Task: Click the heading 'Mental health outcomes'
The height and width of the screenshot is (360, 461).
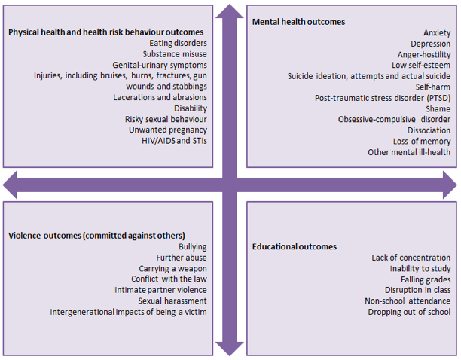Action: pyautogui.click(x=298, y=22)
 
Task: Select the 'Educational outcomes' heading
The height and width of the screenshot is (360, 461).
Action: pyautogui.click(x=295, y=246)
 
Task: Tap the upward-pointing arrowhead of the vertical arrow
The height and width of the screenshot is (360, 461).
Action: pyautogui.click(x=229, y=11)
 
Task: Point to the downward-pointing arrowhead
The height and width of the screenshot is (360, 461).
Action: pyautogui.click(x=229, y=349)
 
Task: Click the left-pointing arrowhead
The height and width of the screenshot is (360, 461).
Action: pyautogui.click(x=10, y=185)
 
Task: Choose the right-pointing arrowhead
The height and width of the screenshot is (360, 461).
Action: pyautogui.click(x=450, y=185)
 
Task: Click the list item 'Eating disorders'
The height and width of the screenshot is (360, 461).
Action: pyautogui.click(x=178, y=43)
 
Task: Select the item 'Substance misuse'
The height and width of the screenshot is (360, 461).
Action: pyautogui.click(x=175, y=54)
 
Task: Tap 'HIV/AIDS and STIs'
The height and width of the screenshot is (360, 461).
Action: pyautogui.click(x=174, y=141)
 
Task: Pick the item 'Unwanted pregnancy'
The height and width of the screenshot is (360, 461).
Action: pyautogui.click(x=167, y=130)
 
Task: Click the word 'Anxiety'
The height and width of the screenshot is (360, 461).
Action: pyautogui.click(x=437, y=33)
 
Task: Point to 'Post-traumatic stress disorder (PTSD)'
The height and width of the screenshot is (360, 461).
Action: pyautogui.click(x=383, y=98)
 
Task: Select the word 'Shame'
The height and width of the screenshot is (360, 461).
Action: pyautogui.click(x=438, y=109)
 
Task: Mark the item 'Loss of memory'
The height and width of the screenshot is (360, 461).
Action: pyautogui.click(x=422, y=142)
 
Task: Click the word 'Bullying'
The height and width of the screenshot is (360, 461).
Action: pyautogui.click(x=193, y=247)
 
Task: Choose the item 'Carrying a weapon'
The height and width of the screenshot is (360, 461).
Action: pyautogui.click(x=172, y=269)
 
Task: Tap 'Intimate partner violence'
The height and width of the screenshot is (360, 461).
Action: pyautogui.click(x=160, y=291)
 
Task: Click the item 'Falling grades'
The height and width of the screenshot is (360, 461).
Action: pyautogui.click(x=426, y=279)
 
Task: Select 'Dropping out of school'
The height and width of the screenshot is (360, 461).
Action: pyautogui.click(x=409, y=312)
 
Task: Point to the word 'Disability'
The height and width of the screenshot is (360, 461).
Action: pyautogui.click(x=191, y=108)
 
